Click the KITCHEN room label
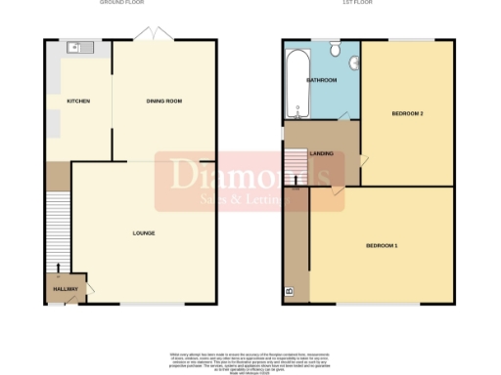[77, 101]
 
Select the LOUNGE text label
[144, 232]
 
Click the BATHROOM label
[322, 79]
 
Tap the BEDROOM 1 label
[382, 244]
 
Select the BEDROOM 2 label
[407, 113]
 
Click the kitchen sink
[76, 47]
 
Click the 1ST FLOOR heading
[368, 3]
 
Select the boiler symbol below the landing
[289, 291]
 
